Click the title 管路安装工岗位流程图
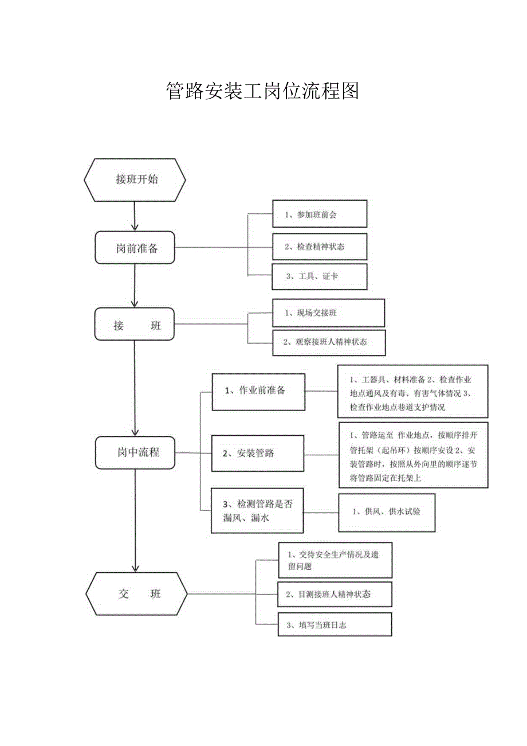[x=262, y=91]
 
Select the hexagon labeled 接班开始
[x=135, y=179]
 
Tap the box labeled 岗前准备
[x=135, y=248]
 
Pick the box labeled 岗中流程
[x=135, y=452]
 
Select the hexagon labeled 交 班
[x=136, y=594]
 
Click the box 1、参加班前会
[x=319, y=214]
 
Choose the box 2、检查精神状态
[x=319, y=247]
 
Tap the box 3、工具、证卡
[x=319, y=276]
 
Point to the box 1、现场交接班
[x=328, y=313]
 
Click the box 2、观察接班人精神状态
[x=329, y=342]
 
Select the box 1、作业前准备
[x=258, y=392]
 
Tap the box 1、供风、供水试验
[x=386, y=511]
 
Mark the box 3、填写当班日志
[x=335, y=624]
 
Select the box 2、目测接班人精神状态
[x=335, y=594]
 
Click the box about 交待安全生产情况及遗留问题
[x=335, y=560]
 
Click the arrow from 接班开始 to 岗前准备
[x=134, y=216]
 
